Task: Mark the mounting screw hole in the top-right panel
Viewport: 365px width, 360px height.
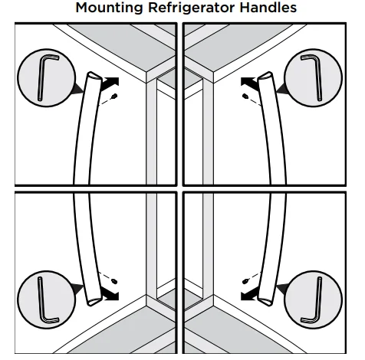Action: pyautogui.click(x=245, y=97)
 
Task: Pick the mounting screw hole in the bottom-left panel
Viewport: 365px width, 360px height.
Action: pyautogui.click(x=113, y=279)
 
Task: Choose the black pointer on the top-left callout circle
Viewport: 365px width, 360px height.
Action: pyautogui.click(x=77, y=90)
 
